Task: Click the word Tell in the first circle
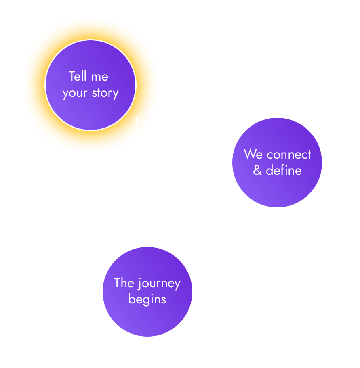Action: (77, 76)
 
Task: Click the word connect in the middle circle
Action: (289, 155)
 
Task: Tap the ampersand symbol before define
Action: (258, 170)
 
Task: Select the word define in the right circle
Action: (284, 170)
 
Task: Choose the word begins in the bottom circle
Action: (147, 300)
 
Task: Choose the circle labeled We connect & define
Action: (277, 190)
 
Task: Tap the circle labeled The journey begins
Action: (147, 319)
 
